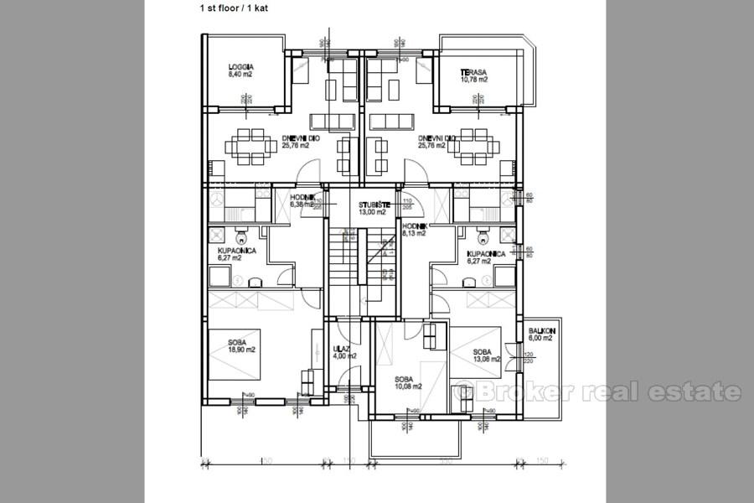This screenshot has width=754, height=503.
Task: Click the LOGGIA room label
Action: (240, 67)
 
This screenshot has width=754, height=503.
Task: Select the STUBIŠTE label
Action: (372, 204)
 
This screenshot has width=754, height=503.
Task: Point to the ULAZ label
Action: (341, 348)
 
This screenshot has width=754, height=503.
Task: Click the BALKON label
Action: (540, 331)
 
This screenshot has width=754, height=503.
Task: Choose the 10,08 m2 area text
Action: (408, 386)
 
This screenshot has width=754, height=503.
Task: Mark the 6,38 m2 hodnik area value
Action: (302, 204)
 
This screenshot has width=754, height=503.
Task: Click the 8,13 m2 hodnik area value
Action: (415, 234)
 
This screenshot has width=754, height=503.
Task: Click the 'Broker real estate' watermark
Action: (596, 391)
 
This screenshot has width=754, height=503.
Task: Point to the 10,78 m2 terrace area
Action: (473, 80)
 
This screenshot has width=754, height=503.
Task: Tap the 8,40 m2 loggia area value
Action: (240, 75)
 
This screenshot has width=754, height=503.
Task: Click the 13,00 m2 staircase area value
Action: (372, 212)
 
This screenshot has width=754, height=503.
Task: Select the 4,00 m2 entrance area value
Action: (344, 355)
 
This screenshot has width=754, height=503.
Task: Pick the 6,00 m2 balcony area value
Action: (540, 339)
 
